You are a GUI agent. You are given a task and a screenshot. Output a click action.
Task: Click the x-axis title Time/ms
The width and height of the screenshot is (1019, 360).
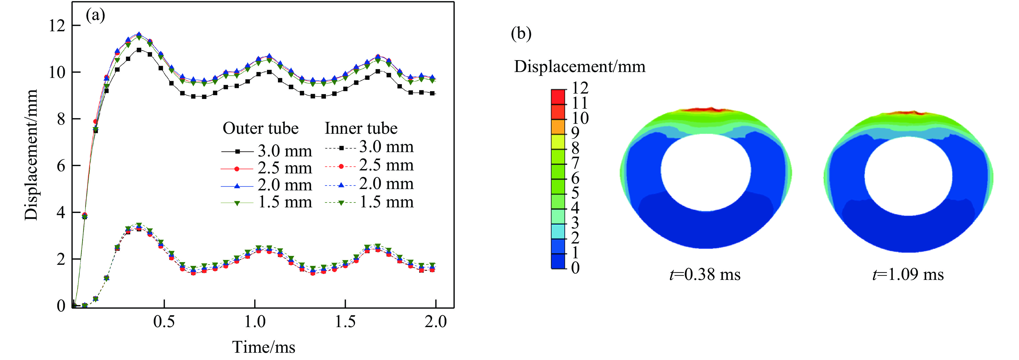(263, 347)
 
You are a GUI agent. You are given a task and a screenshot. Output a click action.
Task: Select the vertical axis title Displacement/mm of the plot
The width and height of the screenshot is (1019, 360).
(31, 154)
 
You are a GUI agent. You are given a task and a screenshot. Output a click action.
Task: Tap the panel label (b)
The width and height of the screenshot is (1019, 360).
(521, 34)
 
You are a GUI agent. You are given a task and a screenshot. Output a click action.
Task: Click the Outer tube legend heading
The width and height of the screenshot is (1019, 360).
(260, 128)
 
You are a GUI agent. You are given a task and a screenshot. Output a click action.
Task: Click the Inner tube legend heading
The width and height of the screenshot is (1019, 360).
(361, 128)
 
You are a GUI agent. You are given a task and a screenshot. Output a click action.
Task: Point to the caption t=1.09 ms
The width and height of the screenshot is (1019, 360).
(908, 275)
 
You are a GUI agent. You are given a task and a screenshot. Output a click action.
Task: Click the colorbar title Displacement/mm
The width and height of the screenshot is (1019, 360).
(580, 66)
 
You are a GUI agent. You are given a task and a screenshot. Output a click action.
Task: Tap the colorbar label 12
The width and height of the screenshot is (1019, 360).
(580, 88)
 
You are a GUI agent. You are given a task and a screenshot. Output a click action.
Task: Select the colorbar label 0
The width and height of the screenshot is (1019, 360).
(576, 268)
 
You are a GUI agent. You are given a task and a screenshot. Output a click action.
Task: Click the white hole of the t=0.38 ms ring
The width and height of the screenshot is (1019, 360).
(706, 172)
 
